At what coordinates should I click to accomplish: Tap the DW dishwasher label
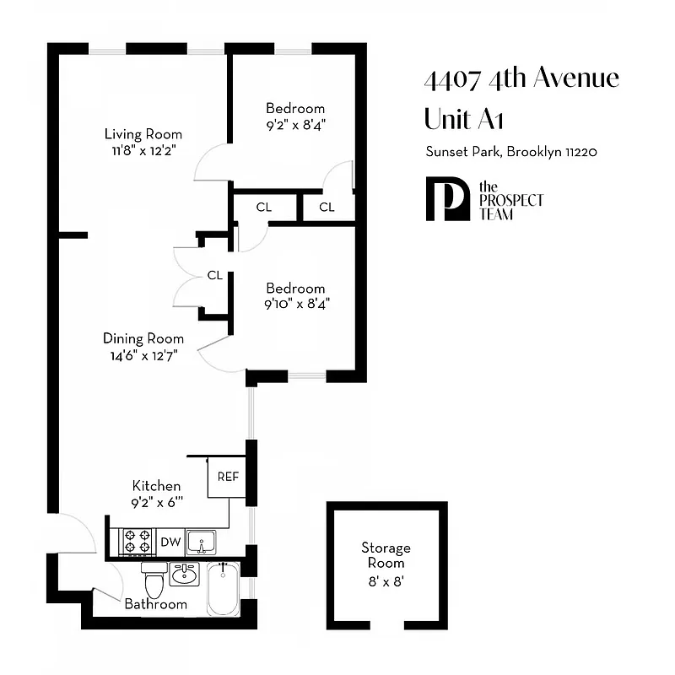pyautogui.click(x=170, y=543)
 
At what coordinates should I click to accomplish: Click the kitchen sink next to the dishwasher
pyautogui.click(x=202, y=541)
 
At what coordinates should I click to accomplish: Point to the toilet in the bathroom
pyautogui.click(x=154, y=582)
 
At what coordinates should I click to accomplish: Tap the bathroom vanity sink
pyautogui.click(x=184, y=575)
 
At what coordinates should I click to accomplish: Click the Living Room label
pyautogui.click(x=143, y=134)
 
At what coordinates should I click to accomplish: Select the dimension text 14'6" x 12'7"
pyautogui.click(x=141, y=354)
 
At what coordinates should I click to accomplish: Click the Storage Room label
pyautogui.click(x=386, y=555)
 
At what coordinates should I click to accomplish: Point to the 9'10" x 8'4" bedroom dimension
pyautogui.click(x=294, y=304)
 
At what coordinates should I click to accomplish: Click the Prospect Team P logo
pyautogui.click(x=446, y=200)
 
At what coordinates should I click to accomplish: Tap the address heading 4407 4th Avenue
pyautogui.click(x=521, y=79)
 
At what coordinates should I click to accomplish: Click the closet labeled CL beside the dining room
pyautogui.click(x=214, y=275)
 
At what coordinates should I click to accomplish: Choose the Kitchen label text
pyautogui.click(x=156, y=486)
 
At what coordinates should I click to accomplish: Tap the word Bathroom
pyautogui.click(x=155, y=604)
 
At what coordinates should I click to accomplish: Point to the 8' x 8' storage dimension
pyautogui.click(x=386, y=580)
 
